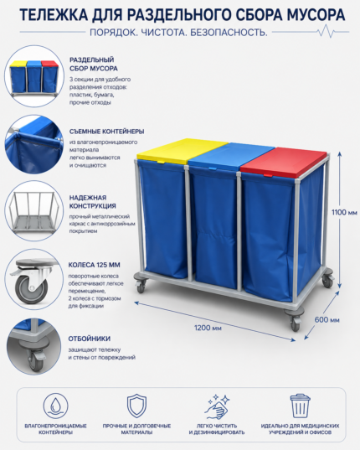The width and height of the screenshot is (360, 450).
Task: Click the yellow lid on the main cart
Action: [182, 150]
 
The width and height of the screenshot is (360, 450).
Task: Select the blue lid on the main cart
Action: [231, 156]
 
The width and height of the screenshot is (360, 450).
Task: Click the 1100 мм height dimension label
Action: [344, 213]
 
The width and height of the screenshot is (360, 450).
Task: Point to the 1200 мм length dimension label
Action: [208, 328]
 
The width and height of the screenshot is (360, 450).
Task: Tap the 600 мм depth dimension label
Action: [327, 319]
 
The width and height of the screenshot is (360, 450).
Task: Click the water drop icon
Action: [55, 406]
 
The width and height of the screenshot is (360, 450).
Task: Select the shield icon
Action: [136, 406]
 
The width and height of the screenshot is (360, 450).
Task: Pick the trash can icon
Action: [300, 406]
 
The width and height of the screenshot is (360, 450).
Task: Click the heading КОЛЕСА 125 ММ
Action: [94, 265]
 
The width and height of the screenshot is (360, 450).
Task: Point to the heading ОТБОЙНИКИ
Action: [89, 339]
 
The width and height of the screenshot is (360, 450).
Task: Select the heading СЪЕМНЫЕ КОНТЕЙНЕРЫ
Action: [106, 132]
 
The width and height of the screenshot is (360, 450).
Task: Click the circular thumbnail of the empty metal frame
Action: [33, 210]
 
